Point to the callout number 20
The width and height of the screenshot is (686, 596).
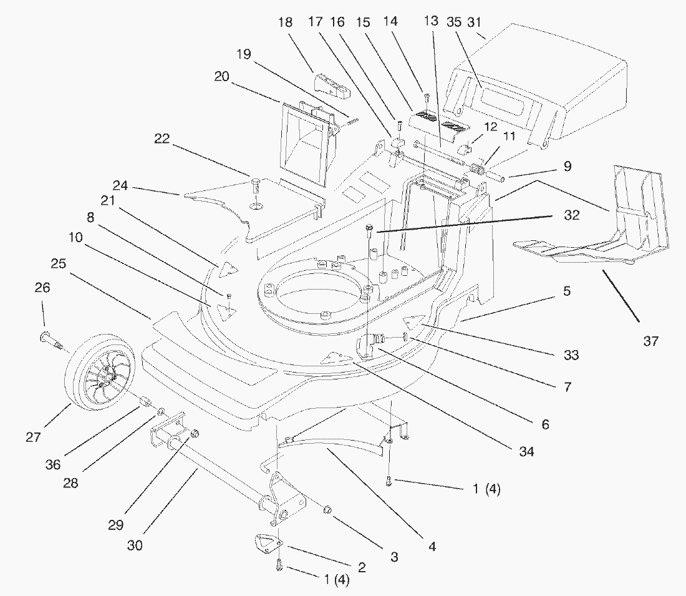tap(222, 77)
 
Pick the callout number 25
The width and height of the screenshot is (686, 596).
tap(59, 264)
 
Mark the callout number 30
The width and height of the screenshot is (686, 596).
tap(135, 545)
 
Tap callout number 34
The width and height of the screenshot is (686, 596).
tap(527, 451)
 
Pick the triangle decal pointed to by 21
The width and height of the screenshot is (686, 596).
tap(228, 269)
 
